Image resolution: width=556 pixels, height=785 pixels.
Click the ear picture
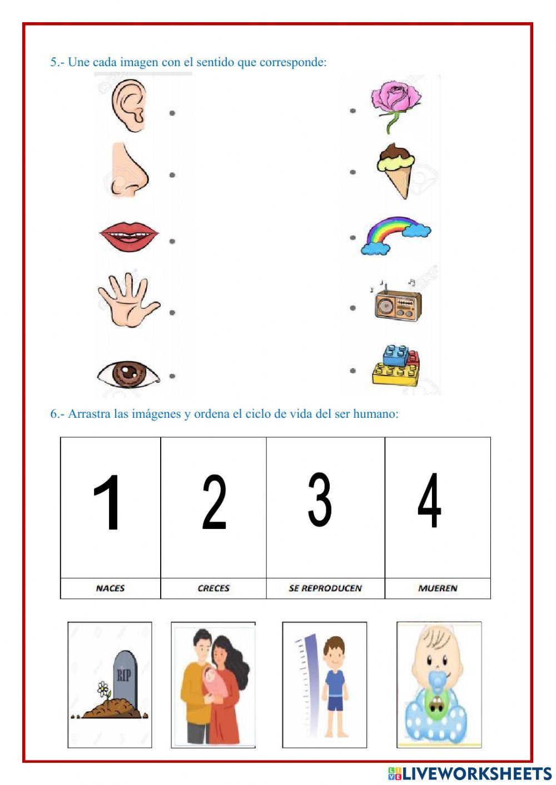tap(128, 106)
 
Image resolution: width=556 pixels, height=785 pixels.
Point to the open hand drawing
tap(127, 299)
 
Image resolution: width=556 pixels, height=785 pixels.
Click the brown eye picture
tap(128, 373)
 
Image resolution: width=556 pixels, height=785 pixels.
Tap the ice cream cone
tap(396, 169)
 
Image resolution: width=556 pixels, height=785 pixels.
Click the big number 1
tap(107, 502)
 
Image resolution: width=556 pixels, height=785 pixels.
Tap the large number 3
tap(320, 500)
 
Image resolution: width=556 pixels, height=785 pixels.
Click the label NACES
tap(110, 588)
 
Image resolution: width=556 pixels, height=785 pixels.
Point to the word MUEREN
tap(438, 588)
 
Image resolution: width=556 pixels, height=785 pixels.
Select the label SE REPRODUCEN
tap(325, 588)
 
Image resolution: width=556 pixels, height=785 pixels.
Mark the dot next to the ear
tap(172, 113)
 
